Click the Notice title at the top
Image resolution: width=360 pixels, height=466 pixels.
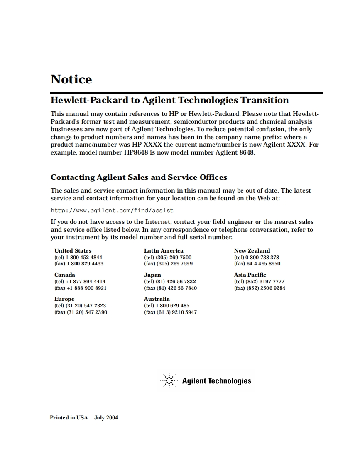click(71, 79)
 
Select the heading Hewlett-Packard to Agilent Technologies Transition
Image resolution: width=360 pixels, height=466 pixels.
click(169, 100)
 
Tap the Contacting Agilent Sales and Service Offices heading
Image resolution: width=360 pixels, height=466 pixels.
click(139, 177)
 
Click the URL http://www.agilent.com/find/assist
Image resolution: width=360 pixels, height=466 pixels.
click(112, 210)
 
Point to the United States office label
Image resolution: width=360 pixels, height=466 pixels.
click(73, 250)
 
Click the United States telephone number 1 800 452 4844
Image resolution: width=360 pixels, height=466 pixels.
click(84, 257)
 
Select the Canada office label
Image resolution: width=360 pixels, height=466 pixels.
click(65, 275)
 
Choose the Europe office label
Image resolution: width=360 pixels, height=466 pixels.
click(64, 299)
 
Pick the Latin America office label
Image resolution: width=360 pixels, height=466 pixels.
click(164, 250)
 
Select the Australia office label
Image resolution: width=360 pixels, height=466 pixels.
click(157, 299)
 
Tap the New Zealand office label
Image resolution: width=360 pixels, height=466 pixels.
click(252, 250)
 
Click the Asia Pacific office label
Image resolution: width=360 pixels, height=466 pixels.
click(250, 275)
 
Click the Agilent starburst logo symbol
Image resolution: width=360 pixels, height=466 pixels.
click(169, 380)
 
